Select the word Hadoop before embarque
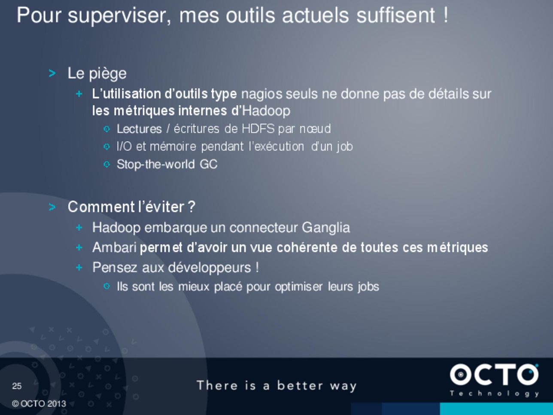[x=116, y=227]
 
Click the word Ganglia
[x=326, y=228]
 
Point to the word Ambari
[x=114, y=247]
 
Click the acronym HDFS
[x=258, y=129]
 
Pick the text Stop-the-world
[x=156, y=164]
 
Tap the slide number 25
[x=17, y=386]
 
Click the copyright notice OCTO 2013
[x=39, y=404]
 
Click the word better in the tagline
[x=300, y=385]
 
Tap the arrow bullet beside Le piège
[x=52, y=73]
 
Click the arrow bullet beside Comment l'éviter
[x=52, y=207]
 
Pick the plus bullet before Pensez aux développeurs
[x=79, y=267]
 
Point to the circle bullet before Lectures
[x=107, y=129]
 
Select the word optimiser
[x=299, y=287]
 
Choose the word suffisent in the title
[x=396, y=15]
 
